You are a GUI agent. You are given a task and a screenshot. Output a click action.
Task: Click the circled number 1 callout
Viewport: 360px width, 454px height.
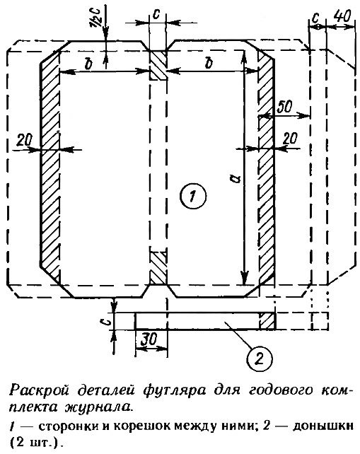point(193,196)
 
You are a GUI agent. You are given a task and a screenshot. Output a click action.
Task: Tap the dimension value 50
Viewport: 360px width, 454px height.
point(285,107)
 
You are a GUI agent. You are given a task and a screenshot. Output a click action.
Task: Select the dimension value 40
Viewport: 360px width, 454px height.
point(342,17)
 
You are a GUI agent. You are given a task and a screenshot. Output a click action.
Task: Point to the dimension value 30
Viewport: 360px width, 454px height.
point(149,338)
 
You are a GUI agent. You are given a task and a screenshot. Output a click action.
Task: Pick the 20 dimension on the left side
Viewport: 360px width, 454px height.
point(24,141)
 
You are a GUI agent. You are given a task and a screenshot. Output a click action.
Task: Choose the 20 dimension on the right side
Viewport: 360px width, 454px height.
point(289,138)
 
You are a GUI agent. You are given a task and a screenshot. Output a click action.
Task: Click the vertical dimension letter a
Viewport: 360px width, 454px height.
point(237,177)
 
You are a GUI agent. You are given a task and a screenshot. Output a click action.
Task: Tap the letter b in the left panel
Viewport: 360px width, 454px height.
point(88,64)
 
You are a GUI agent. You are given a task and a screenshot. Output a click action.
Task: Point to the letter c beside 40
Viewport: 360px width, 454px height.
point(315,18)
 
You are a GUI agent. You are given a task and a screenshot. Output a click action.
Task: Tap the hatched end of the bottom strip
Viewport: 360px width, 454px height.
point(267,321)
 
